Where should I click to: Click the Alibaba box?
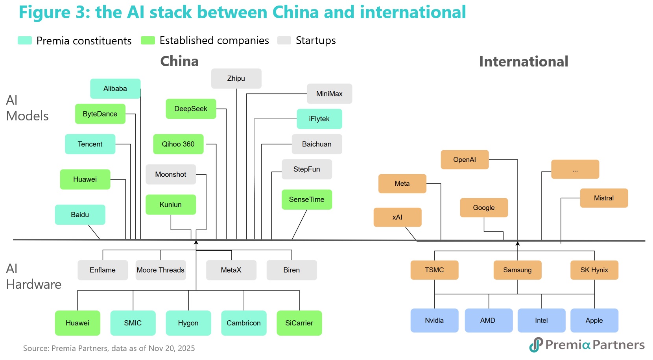115,89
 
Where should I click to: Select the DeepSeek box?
191,109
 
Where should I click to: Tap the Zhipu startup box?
236,78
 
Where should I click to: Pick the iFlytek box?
319,119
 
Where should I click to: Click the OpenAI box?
465,159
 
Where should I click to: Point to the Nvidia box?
434,320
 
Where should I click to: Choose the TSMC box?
434,270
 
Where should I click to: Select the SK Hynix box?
594,270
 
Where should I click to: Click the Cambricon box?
243,323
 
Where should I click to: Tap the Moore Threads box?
160,270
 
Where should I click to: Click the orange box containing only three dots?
575,169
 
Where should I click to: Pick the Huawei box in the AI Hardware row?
77,323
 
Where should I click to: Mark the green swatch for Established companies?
148,41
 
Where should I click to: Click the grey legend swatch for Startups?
284,41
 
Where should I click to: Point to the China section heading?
179,61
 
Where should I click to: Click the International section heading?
524,62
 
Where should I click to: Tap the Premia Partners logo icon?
536,345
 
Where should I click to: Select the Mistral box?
604,198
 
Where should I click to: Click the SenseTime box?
306,199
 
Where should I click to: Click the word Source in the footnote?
35,348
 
